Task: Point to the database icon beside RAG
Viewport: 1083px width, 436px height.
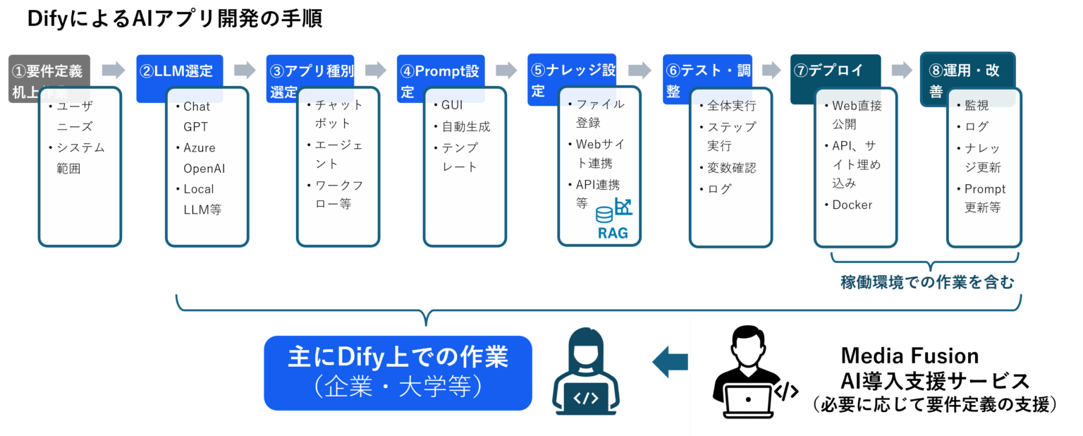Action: (x=604, y=214)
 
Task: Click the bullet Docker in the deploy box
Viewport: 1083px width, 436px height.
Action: (x=852, y=205)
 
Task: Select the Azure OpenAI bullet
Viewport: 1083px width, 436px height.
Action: (x=204, y=158)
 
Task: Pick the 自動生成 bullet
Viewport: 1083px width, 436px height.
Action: (x=465, y=127)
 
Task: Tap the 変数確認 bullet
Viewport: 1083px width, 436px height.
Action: (x=731, y=168)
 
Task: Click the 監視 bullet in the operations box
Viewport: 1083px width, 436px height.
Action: (x=977, y=106)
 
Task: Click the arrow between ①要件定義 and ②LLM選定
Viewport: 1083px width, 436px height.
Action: (x=113, y=70)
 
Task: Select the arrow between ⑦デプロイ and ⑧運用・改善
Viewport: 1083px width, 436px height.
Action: (x=902, y=70)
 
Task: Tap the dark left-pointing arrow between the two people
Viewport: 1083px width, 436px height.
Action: (x=669, y=362)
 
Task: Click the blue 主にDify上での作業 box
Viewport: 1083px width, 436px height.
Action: (x=398, y=373)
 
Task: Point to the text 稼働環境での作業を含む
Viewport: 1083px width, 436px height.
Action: (x=926, y=283)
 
